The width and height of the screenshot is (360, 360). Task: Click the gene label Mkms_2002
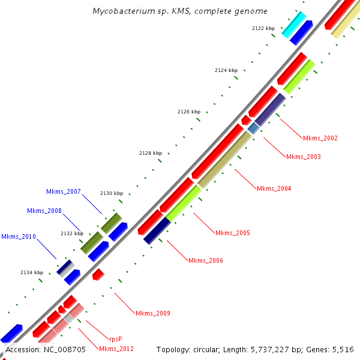click(320, 138)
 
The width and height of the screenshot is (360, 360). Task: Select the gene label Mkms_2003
click(303, 157)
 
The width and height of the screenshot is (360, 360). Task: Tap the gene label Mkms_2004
click(274, 188)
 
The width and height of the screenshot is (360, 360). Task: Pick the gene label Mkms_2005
click(232, 233)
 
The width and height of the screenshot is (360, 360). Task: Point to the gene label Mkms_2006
click(205, 260)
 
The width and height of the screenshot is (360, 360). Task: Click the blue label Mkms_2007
click(63, 191)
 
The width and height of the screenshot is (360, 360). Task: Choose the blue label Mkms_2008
click(44, 211)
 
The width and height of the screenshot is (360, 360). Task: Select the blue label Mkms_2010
click(18, 236)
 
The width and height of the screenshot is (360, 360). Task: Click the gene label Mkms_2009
click(152, 313)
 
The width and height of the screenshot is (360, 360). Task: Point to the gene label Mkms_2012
click(116, 349)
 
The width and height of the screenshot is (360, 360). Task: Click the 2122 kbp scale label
click(263, 28)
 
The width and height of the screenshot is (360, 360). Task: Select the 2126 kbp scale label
click(189, 112)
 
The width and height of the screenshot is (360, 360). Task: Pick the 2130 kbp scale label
click(111, 193)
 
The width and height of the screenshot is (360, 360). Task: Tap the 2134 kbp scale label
click(31, 272)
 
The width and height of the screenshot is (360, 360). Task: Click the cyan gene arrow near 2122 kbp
click(294, 25)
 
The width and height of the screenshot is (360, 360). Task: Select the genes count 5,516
click(341, 349)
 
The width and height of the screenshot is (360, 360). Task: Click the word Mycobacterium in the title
click(118, 11)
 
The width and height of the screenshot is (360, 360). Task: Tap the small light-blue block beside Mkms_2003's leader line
click(254, 128)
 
